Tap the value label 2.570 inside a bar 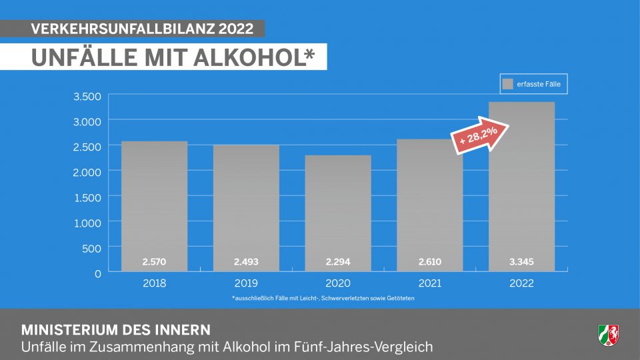tap(154, 261)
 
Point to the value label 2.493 tap(246, 261)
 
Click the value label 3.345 tap(521, 261)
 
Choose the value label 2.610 tap(429, 261)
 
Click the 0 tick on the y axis tap(97, 273)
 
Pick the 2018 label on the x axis tap(154, 283)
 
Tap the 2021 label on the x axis tap(429, 283)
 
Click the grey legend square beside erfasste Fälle tap(508, 84)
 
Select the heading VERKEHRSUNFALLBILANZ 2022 tap(142, 29)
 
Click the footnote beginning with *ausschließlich tap(323, 298)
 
